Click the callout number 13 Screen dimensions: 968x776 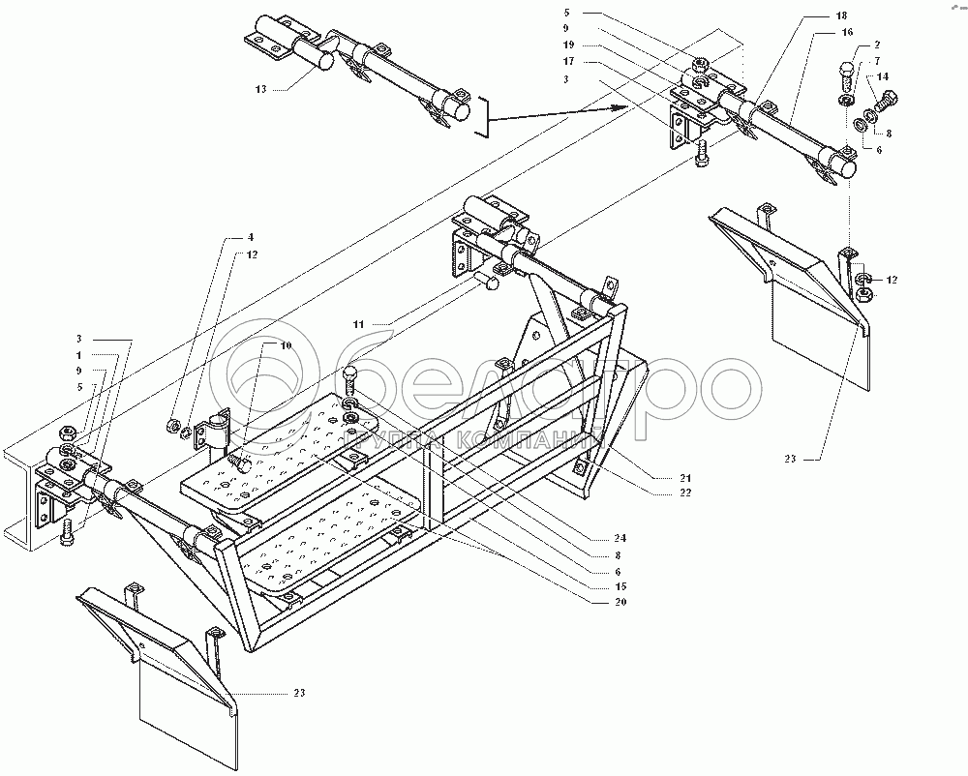[260, 88]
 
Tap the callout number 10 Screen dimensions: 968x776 [258, 345]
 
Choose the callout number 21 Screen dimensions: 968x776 [660, 478]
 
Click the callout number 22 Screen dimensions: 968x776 [660, 495]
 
